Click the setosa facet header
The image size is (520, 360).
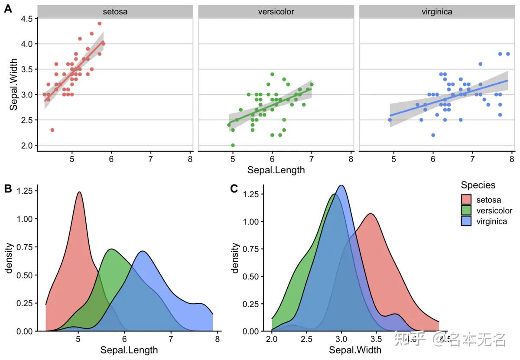[x=115, y=12]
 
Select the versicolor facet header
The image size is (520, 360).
[x=276, y=12]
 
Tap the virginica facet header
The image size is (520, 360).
[x=436, y=12]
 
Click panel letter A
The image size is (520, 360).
[x=7, y=9]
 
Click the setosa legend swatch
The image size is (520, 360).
[x=466, y=200]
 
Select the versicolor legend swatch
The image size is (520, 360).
[x=466, y=211]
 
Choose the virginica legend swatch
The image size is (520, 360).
[x=466, y=221]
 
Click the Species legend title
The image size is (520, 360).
[x=478, y=185]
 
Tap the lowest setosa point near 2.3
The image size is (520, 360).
[x=52, y=130]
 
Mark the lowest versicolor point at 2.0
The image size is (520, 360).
[x=233, y=145]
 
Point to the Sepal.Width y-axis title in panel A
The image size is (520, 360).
[x=14, y=84]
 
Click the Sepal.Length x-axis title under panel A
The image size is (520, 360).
[x=276, y=170]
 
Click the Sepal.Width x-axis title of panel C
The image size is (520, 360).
[x=355, y=350]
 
